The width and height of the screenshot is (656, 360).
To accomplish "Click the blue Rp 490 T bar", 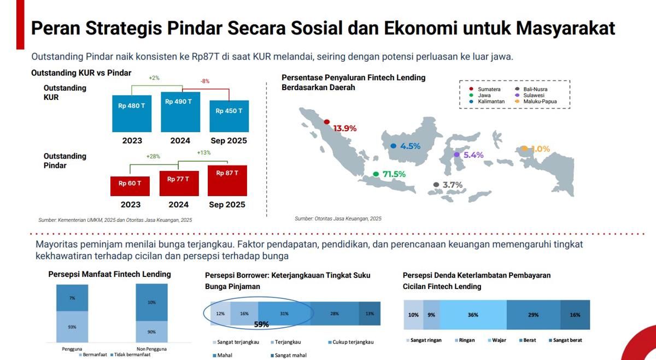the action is pyautogui.click(x=180, y=112).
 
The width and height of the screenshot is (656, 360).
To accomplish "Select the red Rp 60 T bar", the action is pyautogui.click(x=130, y=186).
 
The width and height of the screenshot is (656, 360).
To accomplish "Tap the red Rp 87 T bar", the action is pyautogui.click(x=227, y=181).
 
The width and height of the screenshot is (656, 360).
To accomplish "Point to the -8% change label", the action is pyautogui.click(x=205, y=81).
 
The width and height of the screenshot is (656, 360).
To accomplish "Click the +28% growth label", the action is pyautogui.click(x=153, y=156).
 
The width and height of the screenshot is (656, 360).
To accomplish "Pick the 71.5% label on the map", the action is pyautogui.click(x=394, y=174).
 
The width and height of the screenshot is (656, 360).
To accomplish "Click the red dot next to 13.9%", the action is pyautogui.click(x=327, y=122).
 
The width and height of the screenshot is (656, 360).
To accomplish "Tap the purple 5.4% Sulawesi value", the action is pyautogui.click(x=473, y=155).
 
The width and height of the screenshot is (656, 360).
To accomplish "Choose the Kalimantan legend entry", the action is pyautogui.click(x=487, y=102).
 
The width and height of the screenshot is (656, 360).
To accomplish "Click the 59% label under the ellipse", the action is pyautogui.click(x=261, y=324).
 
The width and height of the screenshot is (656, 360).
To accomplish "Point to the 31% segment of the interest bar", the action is pyautogui.click(x=284, y=314).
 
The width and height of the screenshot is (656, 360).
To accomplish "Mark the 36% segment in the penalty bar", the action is pyautogui.click(x=473, y=315).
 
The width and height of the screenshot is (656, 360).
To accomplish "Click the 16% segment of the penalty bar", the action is pyautogui.click(x=575, y=315).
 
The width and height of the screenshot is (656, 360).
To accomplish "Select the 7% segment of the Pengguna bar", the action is pyautogui.click(x=72, y=298).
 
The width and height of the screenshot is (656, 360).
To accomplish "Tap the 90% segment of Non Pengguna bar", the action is pyautogui.click(x=152, y=332).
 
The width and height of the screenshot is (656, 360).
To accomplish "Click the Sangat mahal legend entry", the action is pyautogui.click(x=289, y=355).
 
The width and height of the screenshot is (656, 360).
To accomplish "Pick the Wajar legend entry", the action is pyautogui.click(x=497, y=340).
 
